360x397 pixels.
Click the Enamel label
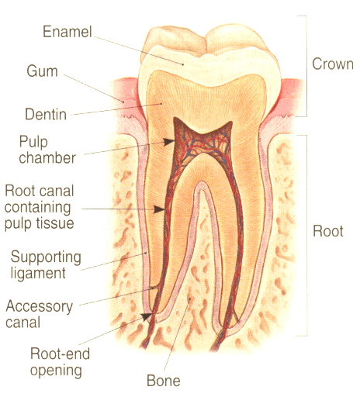click(67, 32)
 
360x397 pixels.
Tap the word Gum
click(42, 71)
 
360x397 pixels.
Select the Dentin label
click(46, 114)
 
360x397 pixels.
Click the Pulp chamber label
click(47, 150)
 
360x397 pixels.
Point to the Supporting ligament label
click(46, 264)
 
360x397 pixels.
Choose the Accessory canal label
click(40, 314)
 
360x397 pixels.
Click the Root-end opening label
click(60, 362)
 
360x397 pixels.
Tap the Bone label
click(164, 381)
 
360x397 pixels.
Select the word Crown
click(333, 64)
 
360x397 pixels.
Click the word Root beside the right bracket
click(328, 231)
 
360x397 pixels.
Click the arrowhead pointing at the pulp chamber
click(169, 142)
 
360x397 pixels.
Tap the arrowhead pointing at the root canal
click(159, 209)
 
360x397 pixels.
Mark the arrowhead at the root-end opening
click(147, 316)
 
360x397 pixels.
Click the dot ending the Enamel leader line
click(183, 64)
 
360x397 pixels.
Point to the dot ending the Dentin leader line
click(161, 104)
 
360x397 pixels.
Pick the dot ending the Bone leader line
click(190, 299)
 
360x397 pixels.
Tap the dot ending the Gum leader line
click(123, 102)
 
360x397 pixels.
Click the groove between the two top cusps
click(206, 46)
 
